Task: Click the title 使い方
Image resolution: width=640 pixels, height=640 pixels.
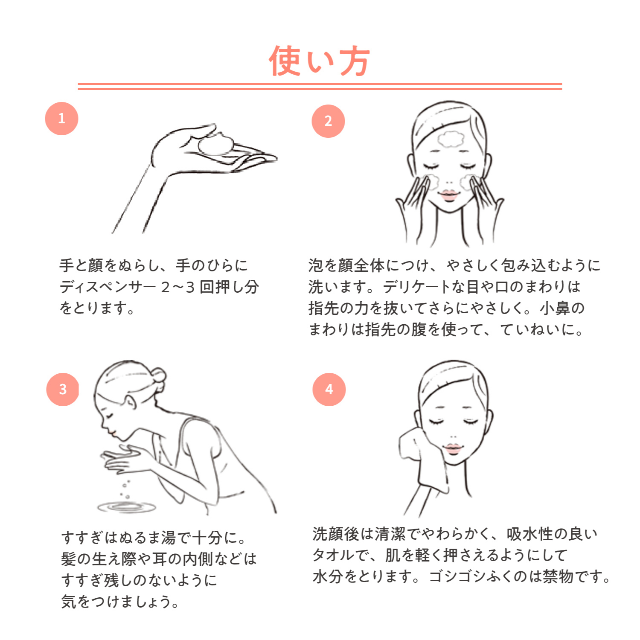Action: coord(319,61)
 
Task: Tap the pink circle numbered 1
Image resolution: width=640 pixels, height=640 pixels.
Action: coord(61,119)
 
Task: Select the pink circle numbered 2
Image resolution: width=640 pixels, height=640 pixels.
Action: coord(328,121)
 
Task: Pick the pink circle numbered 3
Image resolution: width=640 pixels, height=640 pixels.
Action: coord(63,389)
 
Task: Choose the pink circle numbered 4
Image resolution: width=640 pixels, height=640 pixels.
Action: coord(329,389)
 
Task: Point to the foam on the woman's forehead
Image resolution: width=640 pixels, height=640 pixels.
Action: coord(451,139)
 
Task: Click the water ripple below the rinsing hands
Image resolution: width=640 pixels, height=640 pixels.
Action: coord(126,507)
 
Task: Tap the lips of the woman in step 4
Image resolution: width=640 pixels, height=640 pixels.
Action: coord(453,448)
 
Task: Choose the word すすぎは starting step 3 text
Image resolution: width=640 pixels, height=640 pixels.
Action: coord(90,538)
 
